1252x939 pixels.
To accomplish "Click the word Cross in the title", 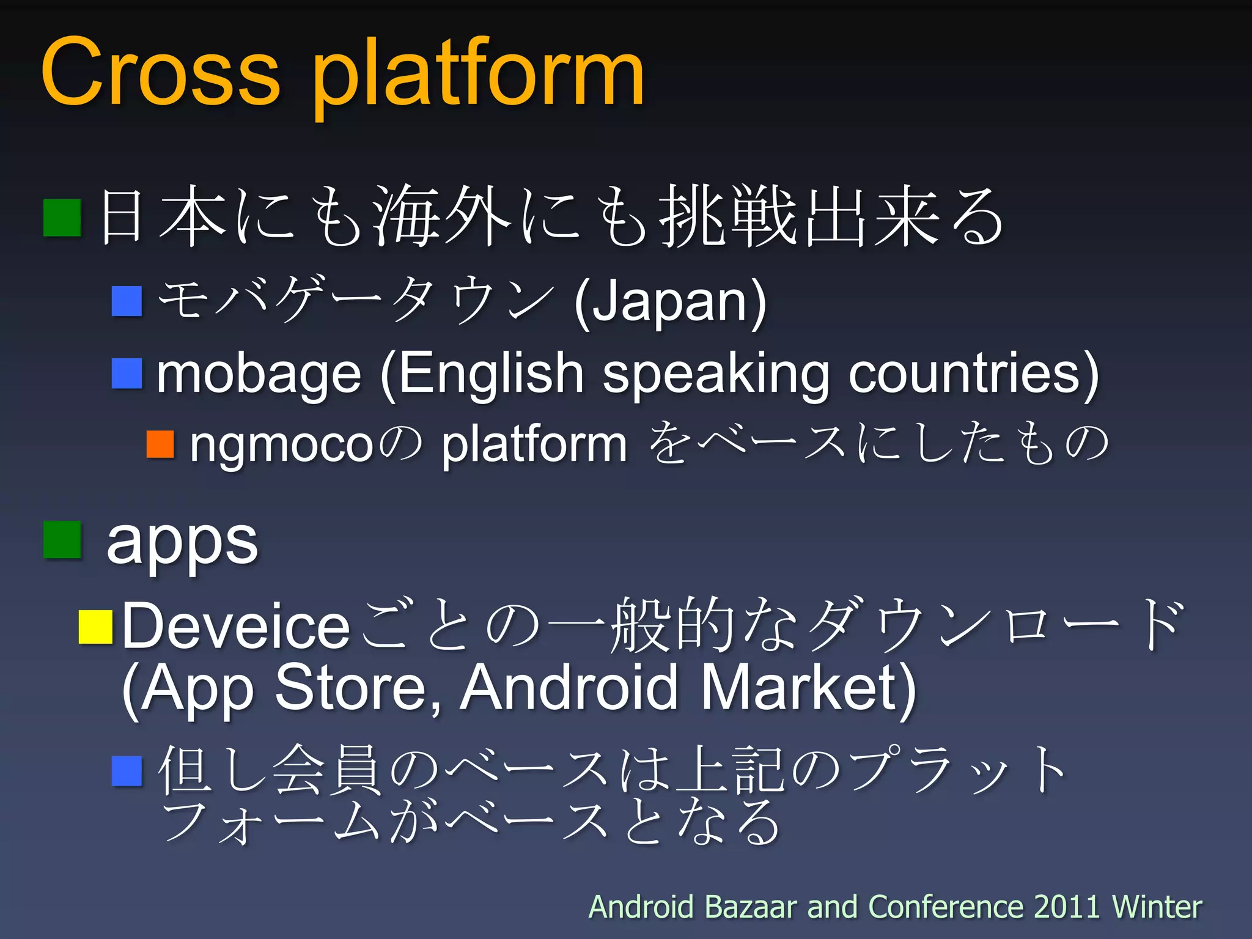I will pos(160,73).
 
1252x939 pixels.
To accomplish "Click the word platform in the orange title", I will pos(478,76).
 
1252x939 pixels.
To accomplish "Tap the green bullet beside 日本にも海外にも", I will pos(62,218).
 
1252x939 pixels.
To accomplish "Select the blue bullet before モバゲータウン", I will pos(127,301).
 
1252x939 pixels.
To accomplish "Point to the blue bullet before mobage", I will pos(127,374).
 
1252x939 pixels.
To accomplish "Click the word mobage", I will pos(259,374).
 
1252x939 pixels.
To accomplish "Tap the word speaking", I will pos(716,374).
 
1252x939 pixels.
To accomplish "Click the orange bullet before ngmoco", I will pos(161,444).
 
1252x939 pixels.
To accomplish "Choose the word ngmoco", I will pos(281,446).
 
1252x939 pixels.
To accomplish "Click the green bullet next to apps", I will pos(62,540).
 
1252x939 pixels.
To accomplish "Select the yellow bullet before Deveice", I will pos(95,627).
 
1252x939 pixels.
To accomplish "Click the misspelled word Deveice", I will pos(236,627).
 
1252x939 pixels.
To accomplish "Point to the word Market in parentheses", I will pos(807,688).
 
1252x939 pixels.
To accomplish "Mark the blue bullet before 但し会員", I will pos(127,771).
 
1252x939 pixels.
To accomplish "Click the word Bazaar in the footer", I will pos(751,907).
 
